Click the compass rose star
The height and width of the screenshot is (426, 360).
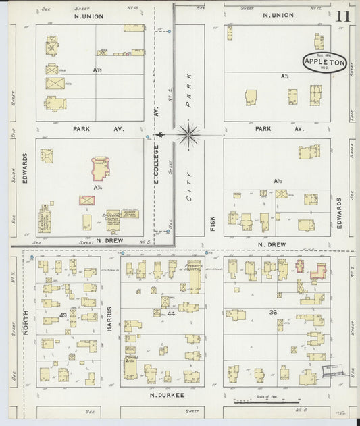[188, 134]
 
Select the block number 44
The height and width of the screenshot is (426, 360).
[171, 314]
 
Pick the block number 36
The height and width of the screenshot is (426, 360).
[273, 311]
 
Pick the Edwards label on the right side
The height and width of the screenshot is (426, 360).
[340, 212]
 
